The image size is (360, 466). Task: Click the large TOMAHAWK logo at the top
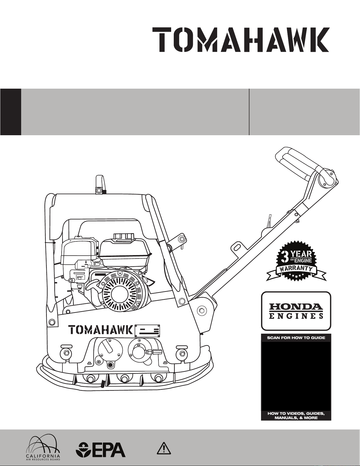(241, 40)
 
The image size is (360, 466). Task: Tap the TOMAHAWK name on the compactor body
(101, 330)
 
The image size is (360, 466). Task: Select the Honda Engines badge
(296, 311)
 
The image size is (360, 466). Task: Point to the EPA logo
(101, 450)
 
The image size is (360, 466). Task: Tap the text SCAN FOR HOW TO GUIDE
(296, 338)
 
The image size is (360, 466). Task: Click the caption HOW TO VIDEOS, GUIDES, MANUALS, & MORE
(296, 416)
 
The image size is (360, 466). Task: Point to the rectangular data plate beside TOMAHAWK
(147, 331)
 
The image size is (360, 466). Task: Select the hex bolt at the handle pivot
(202, 311)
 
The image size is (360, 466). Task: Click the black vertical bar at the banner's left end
(11, 112)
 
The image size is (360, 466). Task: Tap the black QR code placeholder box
(296, 376)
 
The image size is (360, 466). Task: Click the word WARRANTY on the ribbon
(296, 270)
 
